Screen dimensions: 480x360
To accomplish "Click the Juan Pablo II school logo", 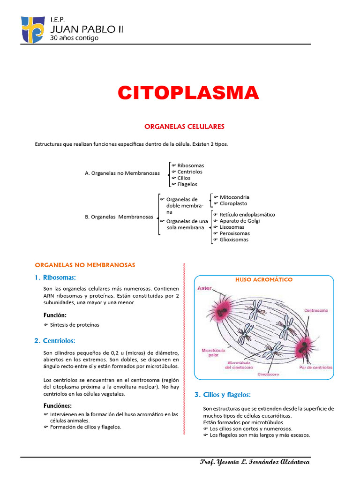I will point(33,29).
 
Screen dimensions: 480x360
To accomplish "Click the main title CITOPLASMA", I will point(188,93).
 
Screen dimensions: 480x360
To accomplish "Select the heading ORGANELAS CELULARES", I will point(184,127).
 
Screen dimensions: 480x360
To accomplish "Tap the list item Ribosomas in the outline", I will point(190,165).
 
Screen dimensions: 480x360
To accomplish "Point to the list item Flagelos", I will point(187,184).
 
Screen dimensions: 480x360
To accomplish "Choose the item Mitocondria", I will point(234,197).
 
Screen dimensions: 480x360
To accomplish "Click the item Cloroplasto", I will point(233,203).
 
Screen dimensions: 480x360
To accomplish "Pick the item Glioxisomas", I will point(234,240).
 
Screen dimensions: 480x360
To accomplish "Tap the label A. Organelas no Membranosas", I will point(122,173).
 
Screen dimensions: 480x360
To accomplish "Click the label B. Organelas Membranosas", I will point(119,217).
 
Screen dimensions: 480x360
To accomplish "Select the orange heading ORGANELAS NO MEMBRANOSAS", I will point(85,265).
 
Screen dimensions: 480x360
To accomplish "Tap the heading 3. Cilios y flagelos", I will point(223,395).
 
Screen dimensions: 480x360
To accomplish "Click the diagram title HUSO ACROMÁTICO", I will point(264,280).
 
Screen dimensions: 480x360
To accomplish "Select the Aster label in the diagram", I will point(205,288).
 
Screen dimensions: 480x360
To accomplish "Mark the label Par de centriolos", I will point(315,367).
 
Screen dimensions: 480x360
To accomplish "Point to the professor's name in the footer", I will point(255,462).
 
